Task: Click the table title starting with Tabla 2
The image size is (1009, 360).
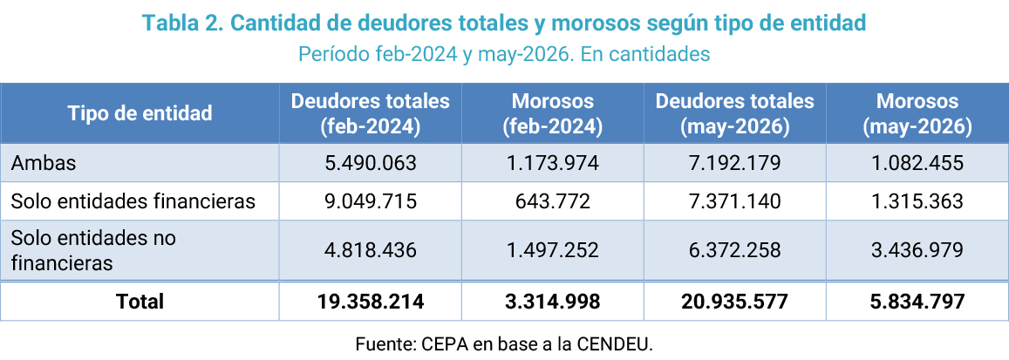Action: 504,24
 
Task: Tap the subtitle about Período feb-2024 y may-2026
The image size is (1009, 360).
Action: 504,54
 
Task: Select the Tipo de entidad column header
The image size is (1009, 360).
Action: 140,113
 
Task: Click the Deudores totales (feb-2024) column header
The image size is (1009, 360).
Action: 370,114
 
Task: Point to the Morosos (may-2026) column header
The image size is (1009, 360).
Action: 917,114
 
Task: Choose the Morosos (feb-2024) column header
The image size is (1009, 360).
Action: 553,114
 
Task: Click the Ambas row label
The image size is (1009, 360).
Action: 43,163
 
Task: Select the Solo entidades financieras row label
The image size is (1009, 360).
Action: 133,201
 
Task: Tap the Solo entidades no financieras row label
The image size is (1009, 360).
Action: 93,250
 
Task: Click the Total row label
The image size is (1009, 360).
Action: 140,301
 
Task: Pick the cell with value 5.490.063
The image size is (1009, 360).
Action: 370,163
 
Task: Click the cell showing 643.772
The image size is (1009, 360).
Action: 553,201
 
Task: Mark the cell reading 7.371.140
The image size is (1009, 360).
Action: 735,201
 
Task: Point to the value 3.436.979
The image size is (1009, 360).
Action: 917,250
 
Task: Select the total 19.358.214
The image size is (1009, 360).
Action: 370,301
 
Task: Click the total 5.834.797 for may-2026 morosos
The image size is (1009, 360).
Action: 917,301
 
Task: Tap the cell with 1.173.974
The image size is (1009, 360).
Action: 553,163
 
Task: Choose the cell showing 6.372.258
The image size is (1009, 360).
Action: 735,250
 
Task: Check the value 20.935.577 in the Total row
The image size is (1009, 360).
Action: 735,301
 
